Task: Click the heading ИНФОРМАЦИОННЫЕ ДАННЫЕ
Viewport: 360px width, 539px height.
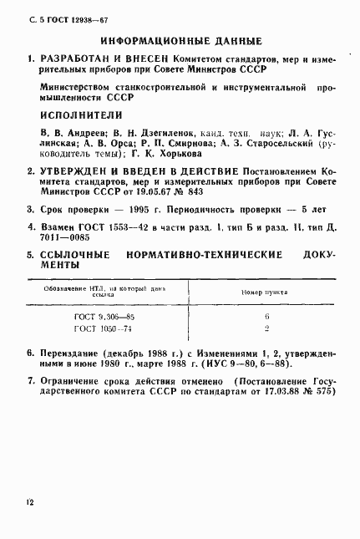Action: (180, 41)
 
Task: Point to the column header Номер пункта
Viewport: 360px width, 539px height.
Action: (254, 292)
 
